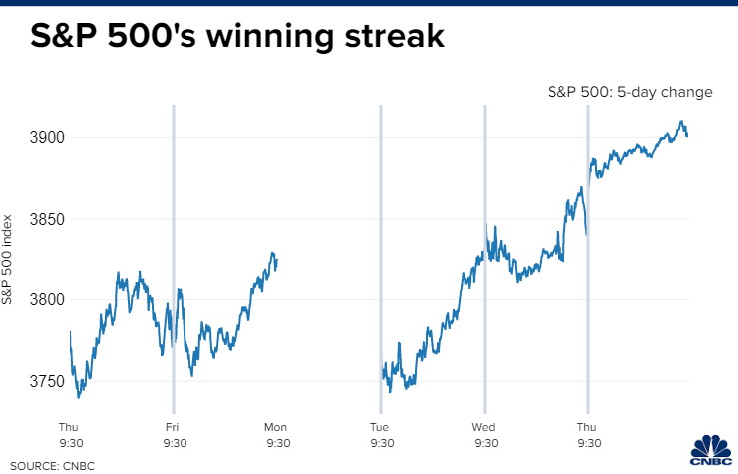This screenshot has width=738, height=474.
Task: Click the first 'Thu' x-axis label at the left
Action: [69, 427]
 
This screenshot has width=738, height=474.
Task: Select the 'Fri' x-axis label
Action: [173, 427]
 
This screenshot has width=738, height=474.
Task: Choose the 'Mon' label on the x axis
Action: [276, 427]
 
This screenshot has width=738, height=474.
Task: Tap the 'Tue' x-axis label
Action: [380, 427]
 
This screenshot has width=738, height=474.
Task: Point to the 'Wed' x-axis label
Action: [485, 427]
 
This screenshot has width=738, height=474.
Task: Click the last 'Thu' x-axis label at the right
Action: [588, 427]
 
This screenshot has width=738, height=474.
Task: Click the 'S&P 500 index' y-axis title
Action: [9, 258]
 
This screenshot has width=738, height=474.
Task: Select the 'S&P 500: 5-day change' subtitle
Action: [629, 92]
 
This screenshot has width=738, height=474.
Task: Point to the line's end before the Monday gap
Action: [276, 261]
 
